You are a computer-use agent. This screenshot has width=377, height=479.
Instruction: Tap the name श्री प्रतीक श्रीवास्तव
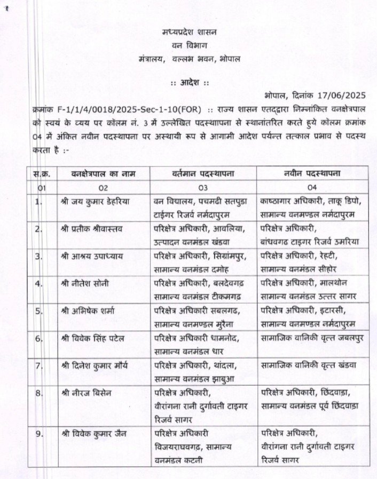[x=92, y=229]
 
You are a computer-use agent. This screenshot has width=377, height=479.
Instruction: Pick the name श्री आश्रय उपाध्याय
[x=92, y=256]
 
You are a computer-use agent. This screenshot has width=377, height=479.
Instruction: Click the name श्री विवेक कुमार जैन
[x=95, y=433]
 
